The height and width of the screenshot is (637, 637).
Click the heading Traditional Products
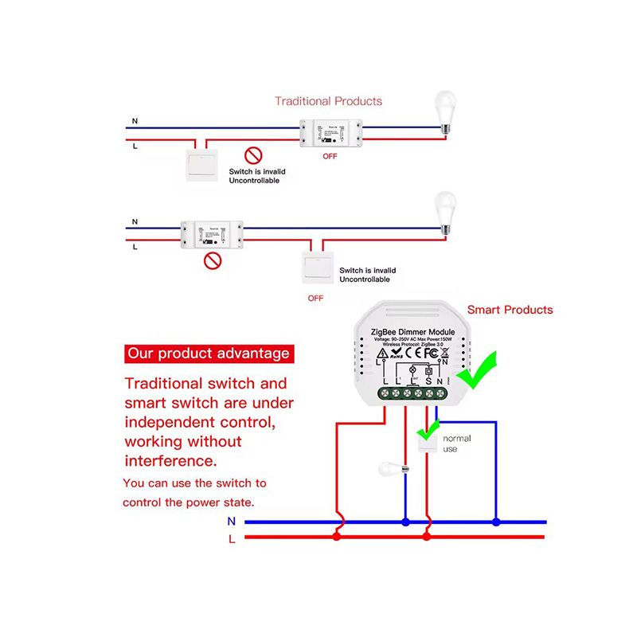328,101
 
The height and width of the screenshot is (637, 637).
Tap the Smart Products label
510,310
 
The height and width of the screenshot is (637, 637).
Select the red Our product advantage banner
209,353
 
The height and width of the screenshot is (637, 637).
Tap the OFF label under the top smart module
330,156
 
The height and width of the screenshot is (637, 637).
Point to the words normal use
456,444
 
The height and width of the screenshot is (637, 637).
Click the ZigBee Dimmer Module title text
412,331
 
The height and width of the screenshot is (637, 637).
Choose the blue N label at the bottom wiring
232,522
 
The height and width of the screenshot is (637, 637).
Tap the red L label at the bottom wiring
232,538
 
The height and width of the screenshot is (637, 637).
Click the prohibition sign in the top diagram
253,155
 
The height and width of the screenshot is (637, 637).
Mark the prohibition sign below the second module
212,260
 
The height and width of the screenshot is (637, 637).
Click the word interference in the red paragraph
170,460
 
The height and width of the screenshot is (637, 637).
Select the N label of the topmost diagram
135,120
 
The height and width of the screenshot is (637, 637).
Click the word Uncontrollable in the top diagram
255,181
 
